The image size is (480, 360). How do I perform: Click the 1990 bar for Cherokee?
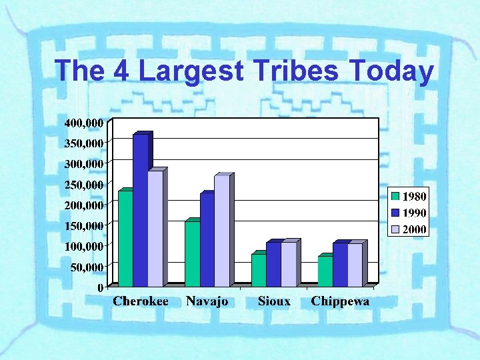140,210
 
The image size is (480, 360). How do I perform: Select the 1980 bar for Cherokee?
125,239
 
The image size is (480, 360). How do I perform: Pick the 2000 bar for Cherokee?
155,229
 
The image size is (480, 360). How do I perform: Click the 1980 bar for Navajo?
192,254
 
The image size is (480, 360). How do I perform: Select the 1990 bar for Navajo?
207,240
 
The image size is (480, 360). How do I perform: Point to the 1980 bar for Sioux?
259,270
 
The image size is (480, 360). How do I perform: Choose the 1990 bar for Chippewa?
340,265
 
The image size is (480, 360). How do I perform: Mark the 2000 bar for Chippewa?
355,265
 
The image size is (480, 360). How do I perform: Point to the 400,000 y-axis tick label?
83,123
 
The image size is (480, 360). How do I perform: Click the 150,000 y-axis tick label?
83,225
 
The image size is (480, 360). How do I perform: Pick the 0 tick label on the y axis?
100,287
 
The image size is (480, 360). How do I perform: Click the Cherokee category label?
140,301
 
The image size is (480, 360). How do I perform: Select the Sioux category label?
274,301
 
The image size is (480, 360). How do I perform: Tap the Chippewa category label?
340,301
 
